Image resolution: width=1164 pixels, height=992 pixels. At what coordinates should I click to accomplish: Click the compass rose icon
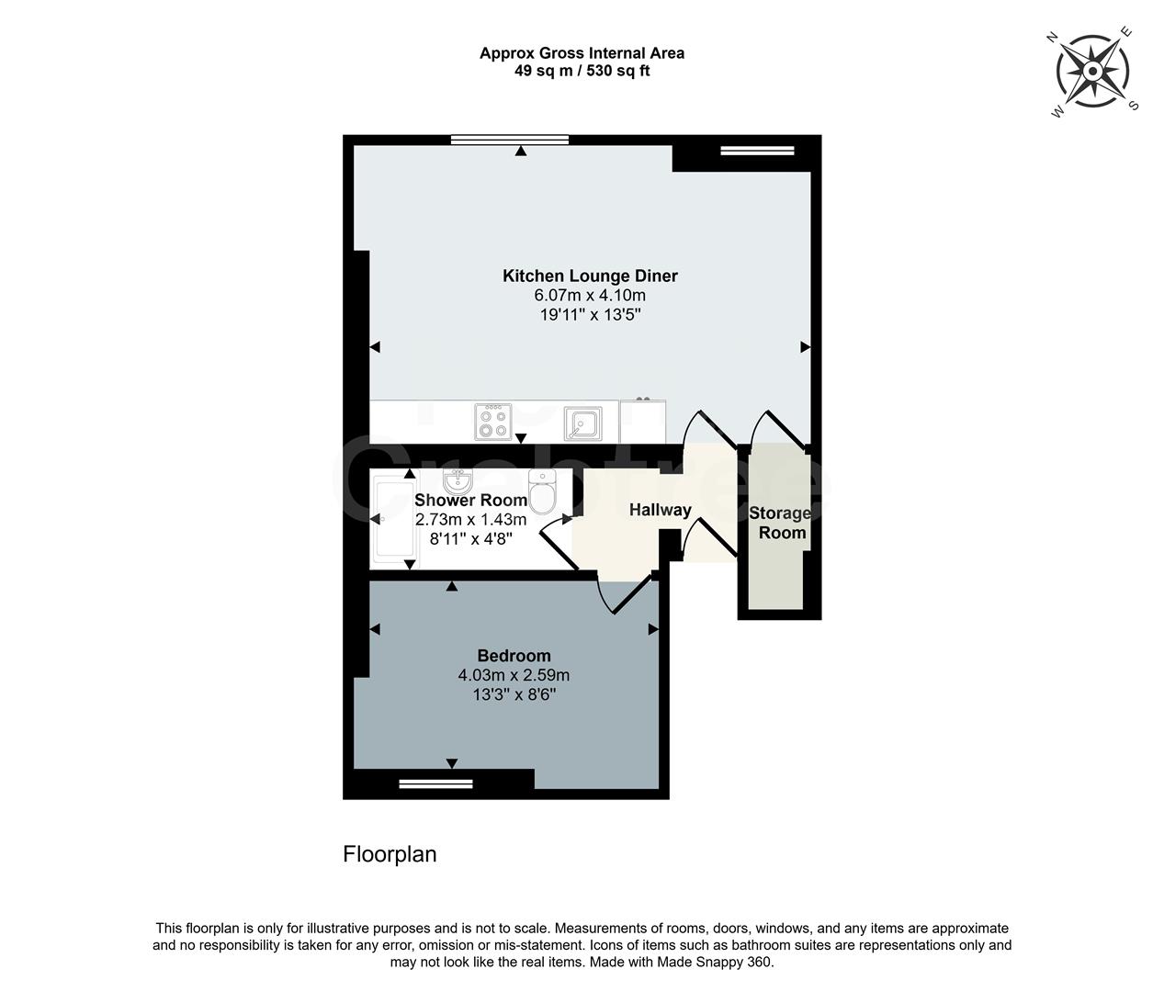1093,72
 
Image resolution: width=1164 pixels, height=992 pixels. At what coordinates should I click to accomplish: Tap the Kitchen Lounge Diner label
590,276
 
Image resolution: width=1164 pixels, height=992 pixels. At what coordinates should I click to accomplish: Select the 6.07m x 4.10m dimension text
590,296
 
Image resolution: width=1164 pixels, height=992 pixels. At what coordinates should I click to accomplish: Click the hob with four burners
492,423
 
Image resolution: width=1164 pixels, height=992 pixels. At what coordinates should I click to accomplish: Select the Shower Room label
470,501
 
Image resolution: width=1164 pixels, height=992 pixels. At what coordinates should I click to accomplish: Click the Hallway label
660,510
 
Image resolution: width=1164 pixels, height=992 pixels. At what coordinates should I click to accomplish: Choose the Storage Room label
780,523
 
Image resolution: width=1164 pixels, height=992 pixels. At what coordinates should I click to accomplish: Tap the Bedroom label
514,656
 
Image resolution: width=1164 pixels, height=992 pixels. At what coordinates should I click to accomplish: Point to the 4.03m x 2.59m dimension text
514,675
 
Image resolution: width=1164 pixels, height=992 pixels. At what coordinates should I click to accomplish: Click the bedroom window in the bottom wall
435,784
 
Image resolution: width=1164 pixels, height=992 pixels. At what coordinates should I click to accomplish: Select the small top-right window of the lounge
757,151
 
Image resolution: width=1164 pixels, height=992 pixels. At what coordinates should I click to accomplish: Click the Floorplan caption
390,854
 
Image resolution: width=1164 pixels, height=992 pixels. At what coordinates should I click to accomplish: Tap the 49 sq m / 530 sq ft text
582,71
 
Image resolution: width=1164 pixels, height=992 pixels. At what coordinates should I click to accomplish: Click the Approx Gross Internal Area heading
582,53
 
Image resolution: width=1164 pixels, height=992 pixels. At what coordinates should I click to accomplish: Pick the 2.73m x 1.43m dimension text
470,520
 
